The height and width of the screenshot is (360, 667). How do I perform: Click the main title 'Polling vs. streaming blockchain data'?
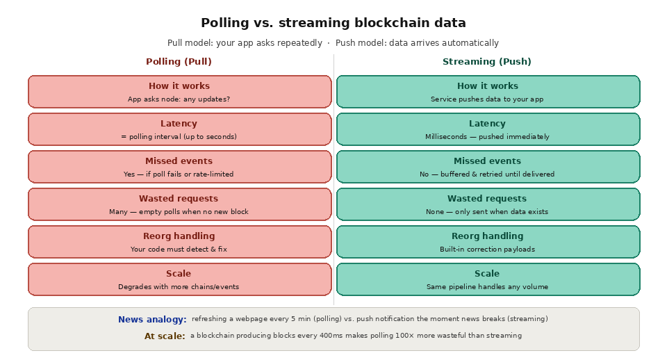click(333, 23)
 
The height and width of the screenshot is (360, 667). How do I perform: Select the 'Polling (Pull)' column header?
click(179, 62)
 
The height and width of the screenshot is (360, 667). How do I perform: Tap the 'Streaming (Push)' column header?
click(487, 62)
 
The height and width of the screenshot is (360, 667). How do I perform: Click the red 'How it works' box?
click(179, 91)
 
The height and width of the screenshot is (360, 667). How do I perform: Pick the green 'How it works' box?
click(488, 91)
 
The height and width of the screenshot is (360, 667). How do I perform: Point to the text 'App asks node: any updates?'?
click(179, 99)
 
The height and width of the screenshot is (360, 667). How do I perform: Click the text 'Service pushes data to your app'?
click(487, 99)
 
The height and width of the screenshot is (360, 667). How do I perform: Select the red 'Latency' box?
click(179, 129)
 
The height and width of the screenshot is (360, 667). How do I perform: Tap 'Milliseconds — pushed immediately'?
click(487, 137)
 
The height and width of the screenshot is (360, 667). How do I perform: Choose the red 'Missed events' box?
click(179, 166)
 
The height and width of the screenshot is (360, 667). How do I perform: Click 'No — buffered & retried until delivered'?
click(487, 174)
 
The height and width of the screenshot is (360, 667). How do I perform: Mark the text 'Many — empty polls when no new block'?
click(179, 212)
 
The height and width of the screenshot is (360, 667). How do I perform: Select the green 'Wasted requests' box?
click(488, 204)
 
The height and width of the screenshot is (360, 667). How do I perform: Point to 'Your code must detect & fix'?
click(179, 249)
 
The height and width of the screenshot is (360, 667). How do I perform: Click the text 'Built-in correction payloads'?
click(487, 249)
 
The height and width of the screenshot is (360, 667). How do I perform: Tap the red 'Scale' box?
click(179, 279)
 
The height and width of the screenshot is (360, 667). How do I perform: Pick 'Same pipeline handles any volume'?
click(487, 287)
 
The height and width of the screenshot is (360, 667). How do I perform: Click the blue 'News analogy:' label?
click(152, 320)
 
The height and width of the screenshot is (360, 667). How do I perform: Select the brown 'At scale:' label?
click(165, 336)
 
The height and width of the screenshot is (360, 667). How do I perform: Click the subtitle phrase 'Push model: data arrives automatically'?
click(417, 43)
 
